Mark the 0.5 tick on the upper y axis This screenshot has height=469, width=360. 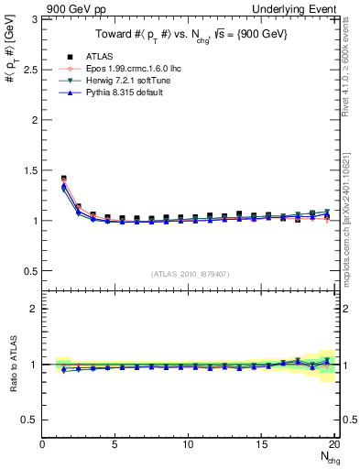click(x=35, y=271)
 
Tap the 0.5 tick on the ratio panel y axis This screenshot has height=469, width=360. click(x=35, y=420)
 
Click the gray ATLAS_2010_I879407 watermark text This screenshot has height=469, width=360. click(x=191, y=272)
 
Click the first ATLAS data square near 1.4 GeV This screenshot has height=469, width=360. click(x=63, y=179)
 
